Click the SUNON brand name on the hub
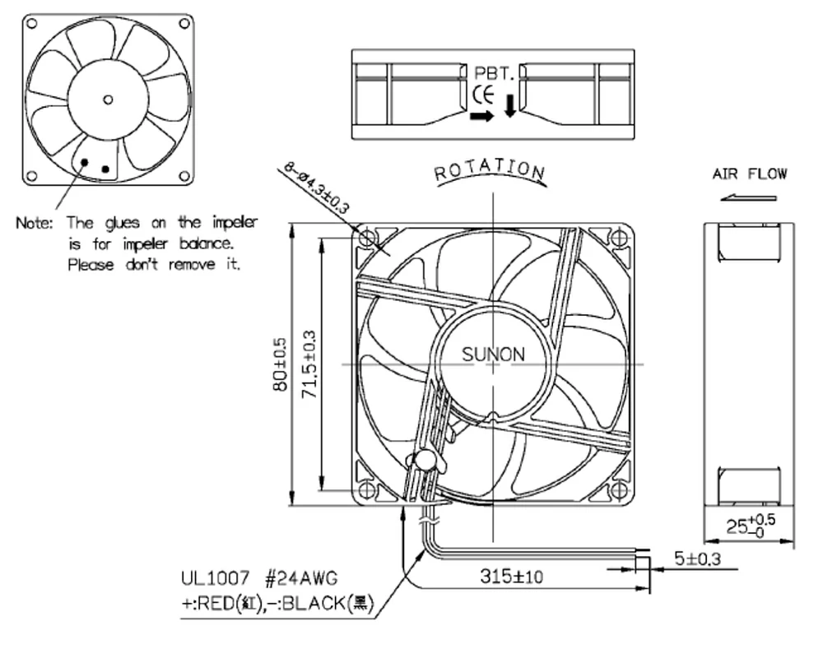pyautogui.click(x=492, y=354)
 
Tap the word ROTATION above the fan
pyautogui.click(x=490, y=170)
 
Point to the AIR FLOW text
pyautogui.click(x=749, y=174)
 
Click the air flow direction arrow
pyautogui.click(x=748, y=197)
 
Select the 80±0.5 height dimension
pyautogui.click(x=280, y=364)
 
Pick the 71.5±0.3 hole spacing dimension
pyautogui.click(x=309, y=364)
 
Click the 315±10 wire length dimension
pyautogui.click(x=511, y=577)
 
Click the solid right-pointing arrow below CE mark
pyautogui.click(x=482, y=116)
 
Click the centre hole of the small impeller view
pyautogui.click(x=108, y=100)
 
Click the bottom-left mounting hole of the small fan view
pyautogui.click(x=32, y=175)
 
